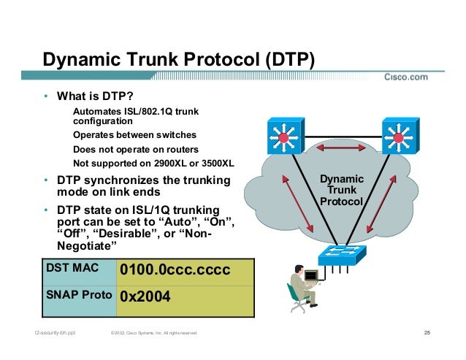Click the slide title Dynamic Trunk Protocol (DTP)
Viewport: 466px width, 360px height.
178,59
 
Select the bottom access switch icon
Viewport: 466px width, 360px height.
340,256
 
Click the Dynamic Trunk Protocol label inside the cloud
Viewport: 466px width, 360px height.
343,190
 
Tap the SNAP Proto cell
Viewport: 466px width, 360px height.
78,296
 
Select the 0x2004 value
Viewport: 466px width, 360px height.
145,297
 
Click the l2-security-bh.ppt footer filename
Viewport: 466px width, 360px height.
53,334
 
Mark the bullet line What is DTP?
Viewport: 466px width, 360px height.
96,97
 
